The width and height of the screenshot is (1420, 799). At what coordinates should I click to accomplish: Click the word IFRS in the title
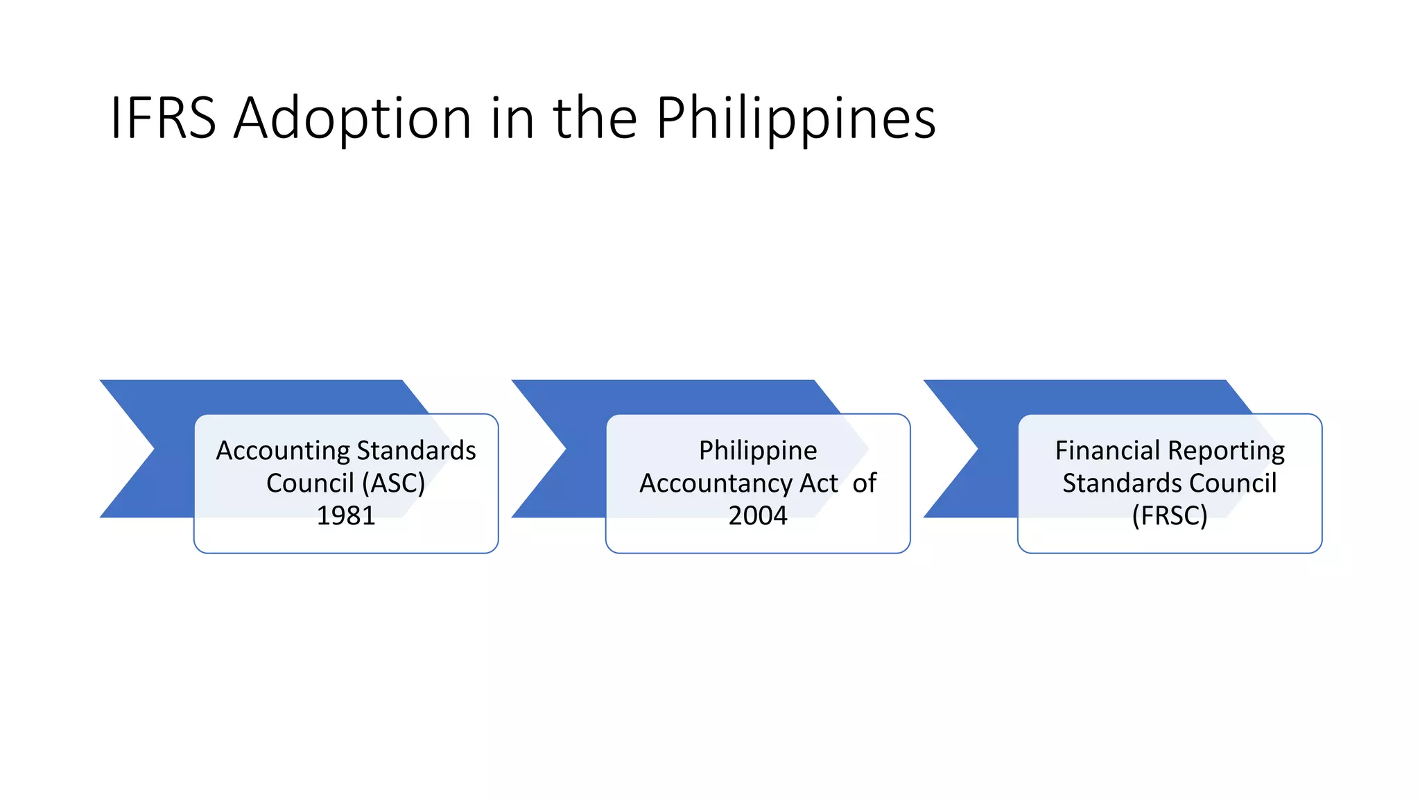163,118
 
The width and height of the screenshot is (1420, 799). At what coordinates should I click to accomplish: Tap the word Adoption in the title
352,118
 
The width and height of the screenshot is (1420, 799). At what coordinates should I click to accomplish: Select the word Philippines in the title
795,118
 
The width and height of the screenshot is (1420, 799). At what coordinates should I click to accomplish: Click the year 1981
346,515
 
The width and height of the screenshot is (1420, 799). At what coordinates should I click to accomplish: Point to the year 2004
758,515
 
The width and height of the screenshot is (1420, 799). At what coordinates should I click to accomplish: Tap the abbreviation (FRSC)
1170,515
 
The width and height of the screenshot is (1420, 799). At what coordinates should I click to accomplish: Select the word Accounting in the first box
283,451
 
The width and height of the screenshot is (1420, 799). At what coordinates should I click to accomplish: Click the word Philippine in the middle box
758,451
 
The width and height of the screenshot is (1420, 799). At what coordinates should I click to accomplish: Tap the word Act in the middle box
819,483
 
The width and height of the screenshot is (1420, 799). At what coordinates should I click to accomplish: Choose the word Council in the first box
310,483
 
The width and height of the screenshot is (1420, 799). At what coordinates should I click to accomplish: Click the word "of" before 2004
865,483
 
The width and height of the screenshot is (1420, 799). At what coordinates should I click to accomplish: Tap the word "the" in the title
594,118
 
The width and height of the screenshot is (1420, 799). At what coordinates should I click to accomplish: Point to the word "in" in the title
513,118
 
